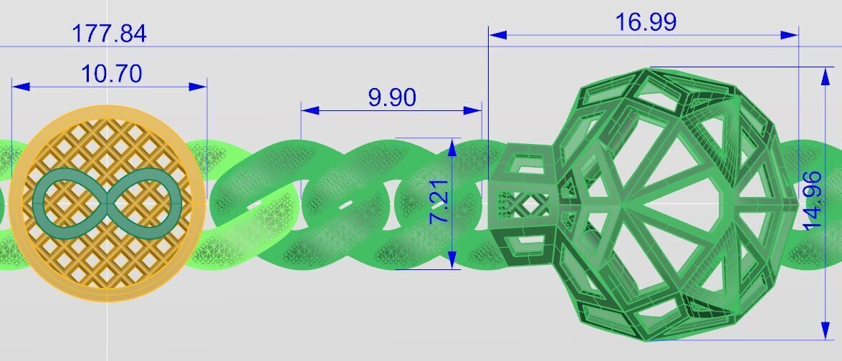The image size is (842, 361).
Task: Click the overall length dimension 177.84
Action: pos(109,34)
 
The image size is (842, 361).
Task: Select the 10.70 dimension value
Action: pos(111,73)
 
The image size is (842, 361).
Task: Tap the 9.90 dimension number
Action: pos(392,97)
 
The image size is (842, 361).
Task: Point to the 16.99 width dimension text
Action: pos(646,22)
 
